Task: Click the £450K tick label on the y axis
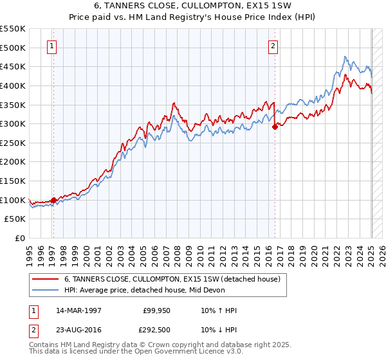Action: click(x=14, y=66)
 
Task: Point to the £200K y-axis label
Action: click(x=14, y=161)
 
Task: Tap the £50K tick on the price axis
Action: click(x=16, y=219)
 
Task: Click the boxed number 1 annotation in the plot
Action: click(x=51, y=46)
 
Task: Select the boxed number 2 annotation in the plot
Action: click(x=273, y=46)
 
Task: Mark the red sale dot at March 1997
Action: click(x=53, y=200)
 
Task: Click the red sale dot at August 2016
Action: click(x=275, y=127)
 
